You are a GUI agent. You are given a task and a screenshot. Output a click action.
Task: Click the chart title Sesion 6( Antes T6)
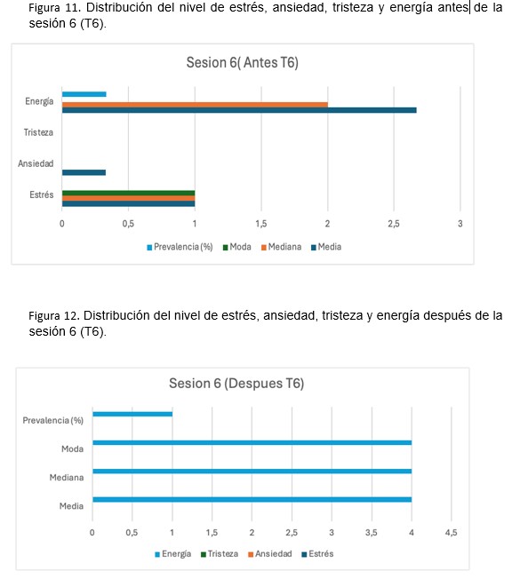pyautogui.click(x=242, y=62)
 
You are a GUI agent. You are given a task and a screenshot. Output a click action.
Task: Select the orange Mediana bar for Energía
pyautogui.click(x=195, y=105)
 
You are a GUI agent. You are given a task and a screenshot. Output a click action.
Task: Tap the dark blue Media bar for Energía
pyautogui.click(x=239, y=110)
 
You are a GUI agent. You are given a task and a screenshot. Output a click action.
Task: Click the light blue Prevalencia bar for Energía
pyautogui.click(x=84, y=94)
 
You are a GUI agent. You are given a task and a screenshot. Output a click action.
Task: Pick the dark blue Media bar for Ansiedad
pyautogui.click(x=84, y=172)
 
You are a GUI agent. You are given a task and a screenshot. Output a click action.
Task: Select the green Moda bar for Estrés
pyautogui.click(x=128, y=193)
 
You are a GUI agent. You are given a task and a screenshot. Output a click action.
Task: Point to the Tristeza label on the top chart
pyautogui.click(x=38, y=132)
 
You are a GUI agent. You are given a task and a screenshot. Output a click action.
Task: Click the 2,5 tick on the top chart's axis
pyautogui.click(x=394, y=224)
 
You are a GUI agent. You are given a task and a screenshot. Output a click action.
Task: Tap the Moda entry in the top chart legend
pyautogui.click(x=237, y=247)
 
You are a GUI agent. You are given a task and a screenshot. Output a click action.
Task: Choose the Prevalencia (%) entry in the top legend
pyautogui.click(x=180, y=247)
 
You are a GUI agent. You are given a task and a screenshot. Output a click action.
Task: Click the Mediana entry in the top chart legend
pyautogui.click(x=281, y=247)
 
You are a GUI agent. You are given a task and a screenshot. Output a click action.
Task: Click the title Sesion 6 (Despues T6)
pyautogui.click(x=236, y=384)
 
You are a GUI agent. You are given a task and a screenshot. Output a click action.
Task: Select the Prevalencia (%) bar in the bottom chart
pyautogui.click(x=132, y=414)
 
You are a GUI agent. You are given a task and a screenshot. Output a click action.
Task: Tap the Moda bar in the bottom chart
pyautogui.click(x=252, y=443)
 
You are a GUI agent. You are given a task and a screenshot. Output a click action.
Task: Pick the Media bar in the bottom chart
pyautogui.click(x=252, y=500)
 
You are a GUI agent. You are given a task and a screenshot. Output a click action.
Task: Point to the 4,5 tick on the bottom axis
pyautogui.click(x=451, y=533)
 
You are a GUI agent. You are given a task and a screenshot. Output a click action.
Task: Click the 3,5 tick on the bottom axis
pyautogui.click(x=372, y=533)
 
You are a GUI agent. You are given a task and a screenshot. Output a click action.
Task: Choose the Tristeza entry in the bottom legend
pyautogui.click(x=220, y=554)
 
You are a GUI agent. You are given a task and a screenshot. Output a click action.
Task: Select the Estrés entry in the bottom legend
pyautogui.click(x=317, y=554)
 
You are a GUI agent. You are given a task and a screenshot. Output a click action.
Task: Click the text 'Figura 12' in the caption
pyautogui.click(x=53, y=316)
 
